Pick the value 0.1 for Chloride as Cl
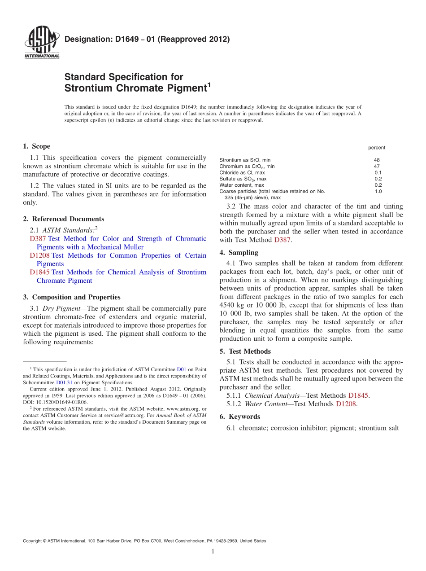(378, 172)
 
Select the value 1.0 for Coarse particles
(378, 191)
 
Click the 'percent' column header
(376, 148)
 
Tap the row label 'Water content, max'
(241, 185)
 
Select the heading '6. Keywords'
(239, 417)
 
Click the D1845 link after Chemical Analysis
(358, 395)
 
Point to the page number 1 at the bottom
(213, 551)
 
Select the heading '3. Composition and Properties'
(72, 297)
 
